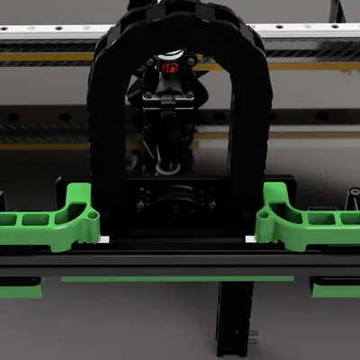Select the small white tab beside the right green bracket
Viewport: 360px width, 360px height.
[250, 239]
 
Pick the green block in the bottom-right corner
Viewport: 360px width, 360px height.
[336, 287]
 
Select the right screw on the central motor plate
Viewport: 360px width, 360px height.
[212, 204]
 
